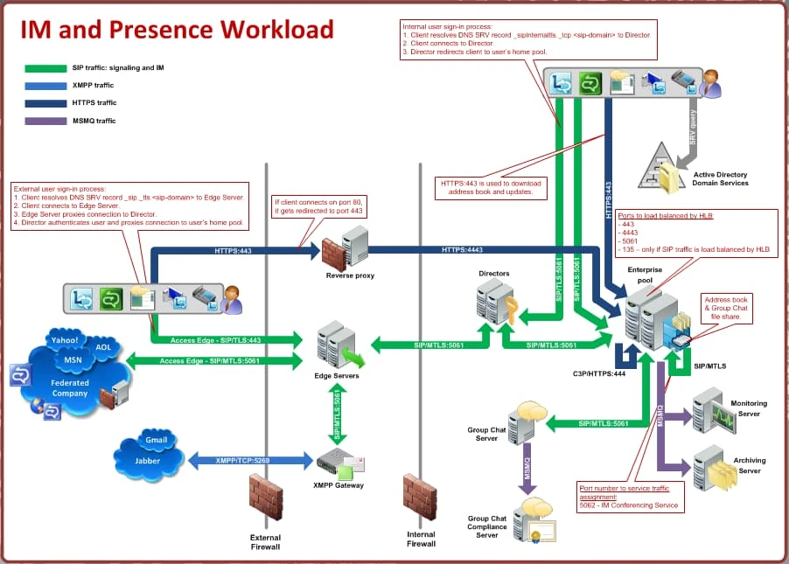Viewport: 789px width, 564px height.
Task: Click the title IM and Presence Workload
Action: point(177,30)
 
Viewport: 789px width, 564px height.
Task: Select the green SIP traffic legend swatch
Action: point(45,68)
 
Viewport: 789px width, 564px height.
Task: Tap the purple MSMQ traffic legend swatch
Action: point(45,121)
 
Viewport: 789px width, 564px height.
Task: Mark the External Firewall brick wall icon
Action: point(265,498)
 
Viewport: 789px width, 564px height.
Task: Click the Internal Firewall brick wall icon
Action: point(420,498)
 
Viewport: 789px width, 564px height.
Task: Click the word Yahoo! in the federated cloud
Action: point(64,340)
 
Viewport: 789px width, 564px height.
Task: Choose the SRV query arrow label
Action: point(692,129)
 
